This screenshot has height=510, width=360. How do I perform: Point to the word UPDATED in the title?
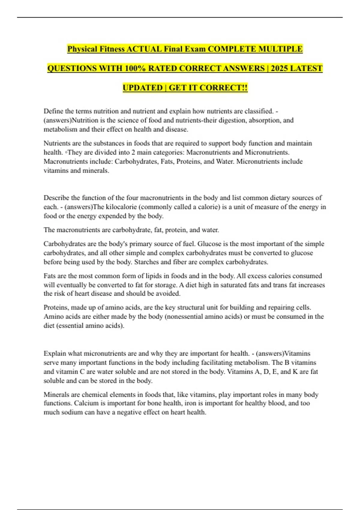(x=142, y=88)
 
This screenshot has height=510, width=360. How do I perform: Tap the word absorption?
(x=265, y=120)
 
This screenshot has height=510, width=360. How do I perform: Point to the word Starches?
(x=146, y=262)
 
